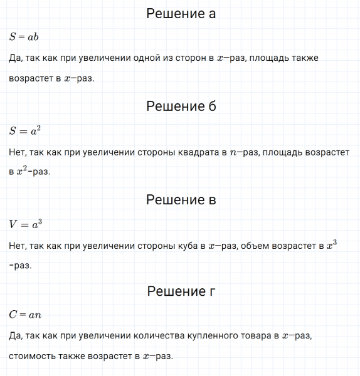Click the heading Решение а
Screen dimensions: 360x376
[x=181, y=14]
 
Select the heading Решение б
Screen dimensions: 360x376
[x=181, y=106]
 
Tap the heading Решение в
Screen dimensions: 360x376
[x=181, y=200]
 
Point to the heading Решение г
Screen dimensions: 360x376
[x=181, y=291]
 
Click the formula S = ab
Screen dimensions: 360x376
[x=24, y=36]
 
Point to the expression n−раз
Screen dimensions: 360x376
[x=244, y=152]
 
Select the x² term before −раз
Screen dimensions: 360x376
[x=23, y=171]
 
